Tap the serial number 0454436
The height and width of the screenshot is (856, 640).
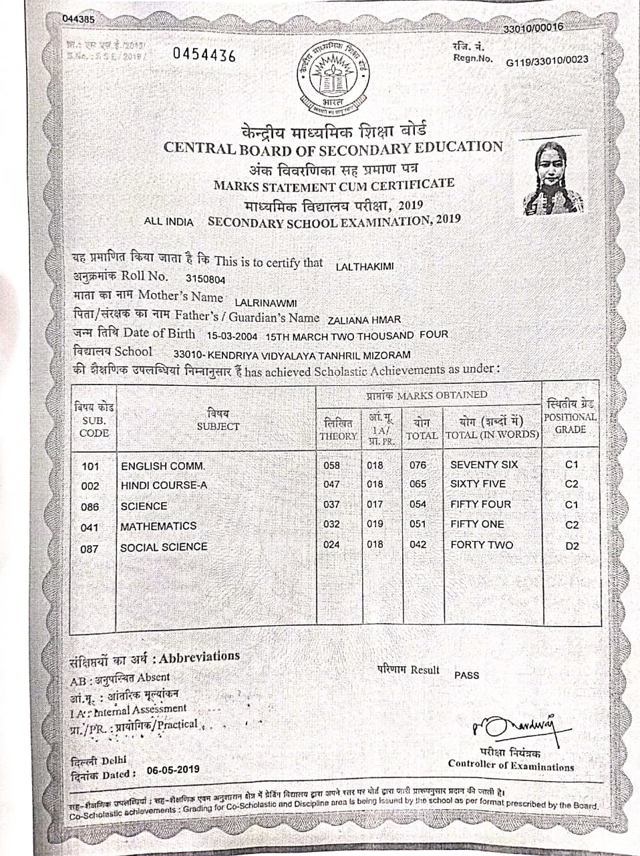coord(204,55)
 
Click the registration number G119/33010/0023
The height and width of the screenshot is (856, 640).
coord(547,61)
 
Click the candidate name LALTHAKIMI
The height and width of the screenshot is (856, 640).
coord(365,266)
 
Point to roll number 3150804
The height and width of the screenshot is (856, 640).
coord(205,280)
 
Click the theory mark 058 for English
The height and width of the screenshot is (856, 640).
coord(331,465)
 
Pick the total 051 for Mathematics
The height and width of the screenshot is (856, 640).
coord(418,524)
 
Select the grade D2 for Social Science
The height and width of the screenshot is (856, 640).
coord(572,546)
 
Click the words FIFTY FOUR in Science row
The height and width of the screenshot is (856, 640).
coord(480,504)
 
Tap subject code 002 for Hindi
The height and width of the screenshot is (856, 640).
coord(90,486)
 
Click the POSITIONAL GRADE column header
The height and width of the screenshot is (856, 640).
coord(570,417)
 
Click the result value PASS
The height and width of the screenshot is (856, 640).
coord(466,675)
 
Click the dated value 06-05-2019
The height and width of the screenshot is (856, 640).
coord(172,770)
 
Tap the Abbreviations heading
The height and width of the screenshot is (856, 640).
coord(199,657)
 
